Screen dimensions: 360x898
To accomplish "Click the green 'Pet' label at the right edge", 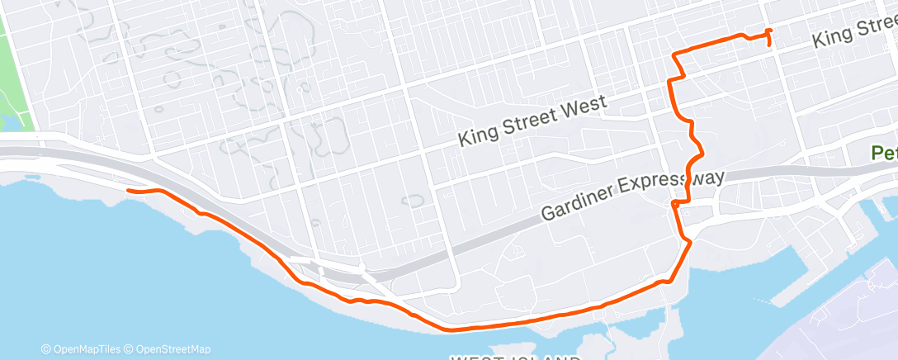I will (884, 153).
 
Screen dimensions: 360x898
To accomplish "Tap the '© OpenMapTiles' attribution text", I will (83, 349).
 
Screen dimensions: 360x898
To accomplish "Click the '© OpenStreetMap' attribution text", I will (172, 349).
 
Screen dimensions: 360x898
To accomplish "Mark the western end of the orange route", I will (127, 191).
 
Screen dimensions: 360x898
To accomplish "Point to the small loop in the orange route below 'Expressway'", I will (675, 202).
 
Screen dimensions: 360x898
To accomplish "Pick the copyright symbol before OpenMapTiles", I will (45, 349).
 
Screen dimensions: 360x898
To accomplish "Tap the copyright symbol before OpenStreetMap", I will (130, 349).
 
